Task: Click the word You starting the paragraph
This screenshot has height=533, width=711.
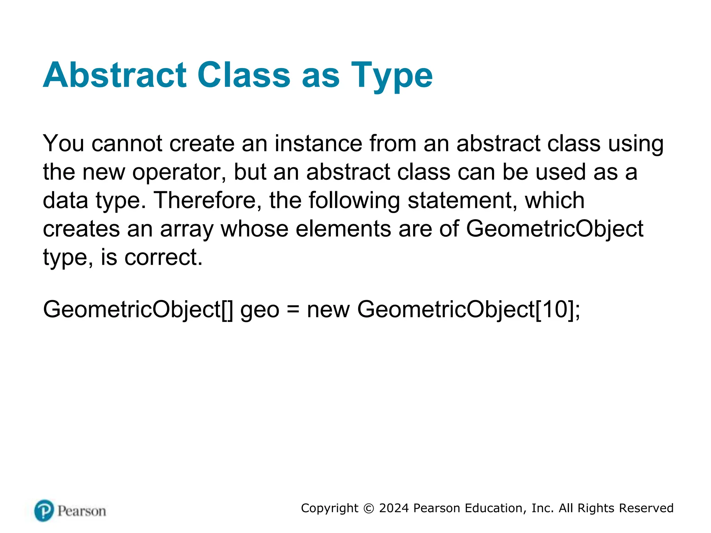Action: (63, 143)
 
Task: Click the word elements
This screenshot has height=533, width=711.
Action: (343, 229)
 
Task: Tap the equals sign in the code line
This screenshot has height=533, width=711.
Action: (293, 310)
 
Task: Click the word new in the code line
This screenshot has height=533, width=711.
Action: (328, 310)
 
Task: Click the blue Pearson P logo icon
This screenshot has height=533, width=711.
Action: (44, 510)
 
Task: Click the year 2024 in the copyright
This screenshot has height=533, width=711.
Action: (394, 508)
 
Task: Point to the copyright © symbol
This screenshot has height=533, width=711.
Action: (369, 508)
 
